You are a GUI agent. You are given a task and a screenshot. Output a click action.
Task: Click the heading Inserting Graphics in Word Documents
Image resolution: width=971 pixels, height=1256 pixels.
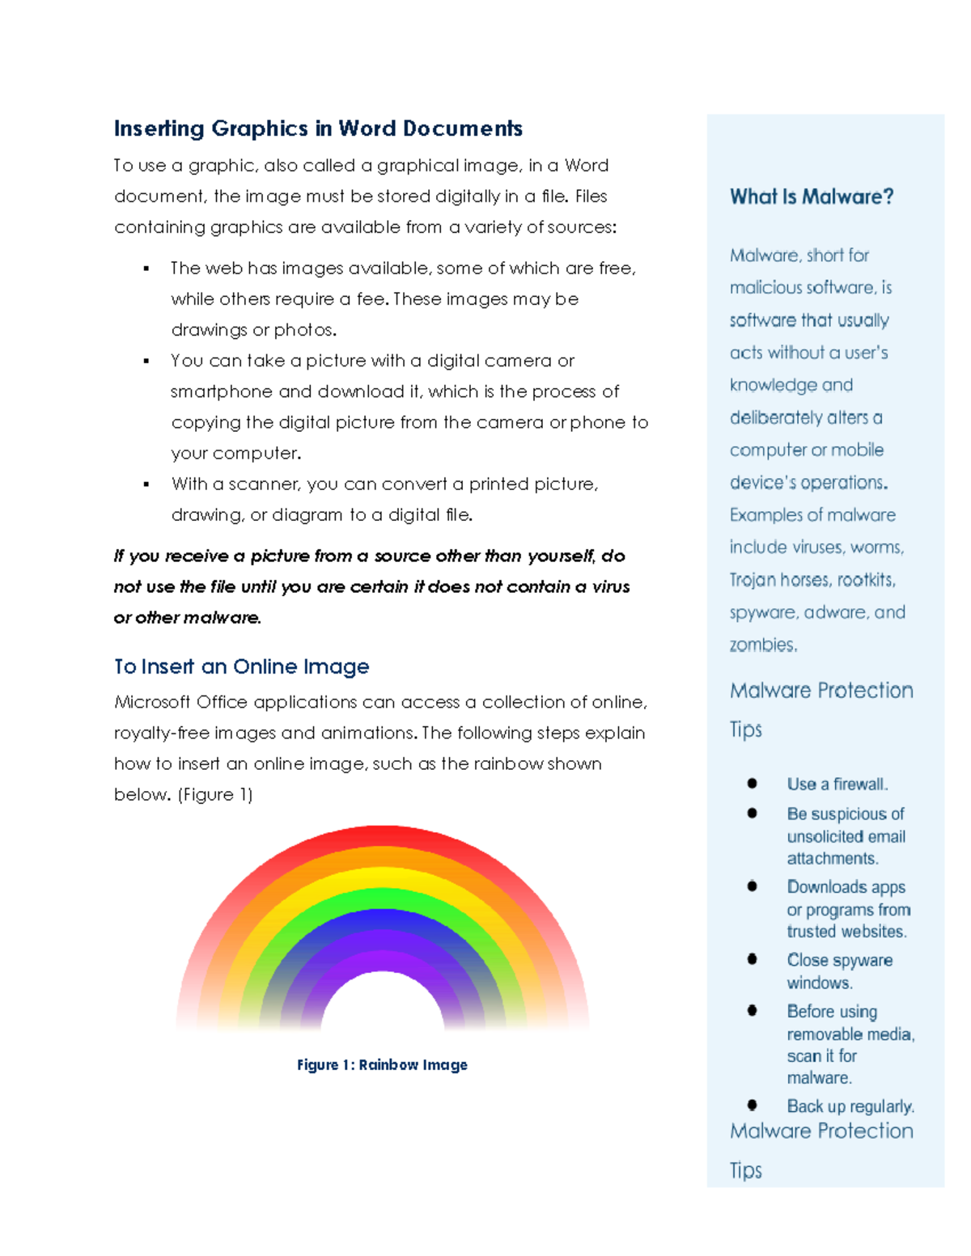(318, 129)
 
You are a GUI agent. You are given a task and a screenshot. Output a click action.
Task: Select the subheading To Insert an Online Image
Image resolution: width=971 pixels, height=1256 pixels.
(241, 666)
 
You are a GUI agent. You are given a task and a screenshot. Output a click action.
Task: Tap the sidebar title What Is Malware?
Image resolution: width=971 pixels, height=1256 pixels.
(811, 197)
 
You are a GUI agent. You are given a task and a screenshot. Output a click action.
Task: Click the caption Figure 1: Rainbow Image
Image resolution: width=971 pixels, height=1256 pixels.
(382, 1065)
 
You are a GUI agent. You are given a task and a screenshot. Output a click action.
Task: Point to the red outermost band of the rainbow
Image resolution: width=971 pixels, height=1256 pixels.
(382, 835)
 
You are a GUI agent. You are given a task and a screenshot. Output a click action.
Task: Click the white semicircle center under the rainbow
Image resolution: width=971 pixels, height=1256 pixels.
(383, 1007)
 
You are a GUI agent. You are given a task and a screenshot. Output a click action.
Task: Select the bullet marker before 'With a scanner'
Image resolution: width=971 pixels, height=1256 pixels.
(146, 484)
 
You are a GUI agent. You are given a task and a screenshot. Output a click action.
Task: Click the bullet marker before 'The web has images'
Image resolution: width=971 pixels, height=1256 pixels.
(146, 269)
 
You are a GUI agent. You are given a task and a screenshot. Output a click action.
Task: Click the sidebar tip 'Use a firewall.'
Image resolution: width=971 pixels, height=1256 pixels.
(837, 784)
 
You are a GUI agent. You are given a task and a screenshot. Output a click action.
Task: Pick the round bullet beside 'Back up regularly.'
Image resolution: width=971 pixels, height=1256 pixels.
(753, 1105)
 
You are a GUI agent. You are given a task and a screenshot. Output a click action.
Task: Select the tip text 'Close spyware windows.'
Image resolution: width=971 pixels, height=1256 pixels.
(839, 971)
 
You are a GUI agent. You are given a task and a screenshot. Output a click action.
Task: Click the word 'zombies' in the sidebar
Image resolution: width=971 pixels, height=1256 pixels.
(761, 645)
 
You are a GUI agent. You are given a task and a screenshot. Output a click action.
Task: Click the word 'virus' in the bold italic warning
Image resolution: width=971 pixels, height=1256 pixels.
(611, 587)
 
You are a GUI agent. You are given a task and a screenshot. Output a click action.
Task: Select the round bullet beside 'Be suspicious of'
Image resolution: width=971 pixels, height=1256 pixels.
(753, 814)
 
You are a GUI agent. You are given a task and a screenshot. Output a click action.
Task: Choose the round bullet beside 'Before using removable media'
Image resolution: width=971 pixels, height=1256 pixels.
(753, 1011)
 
